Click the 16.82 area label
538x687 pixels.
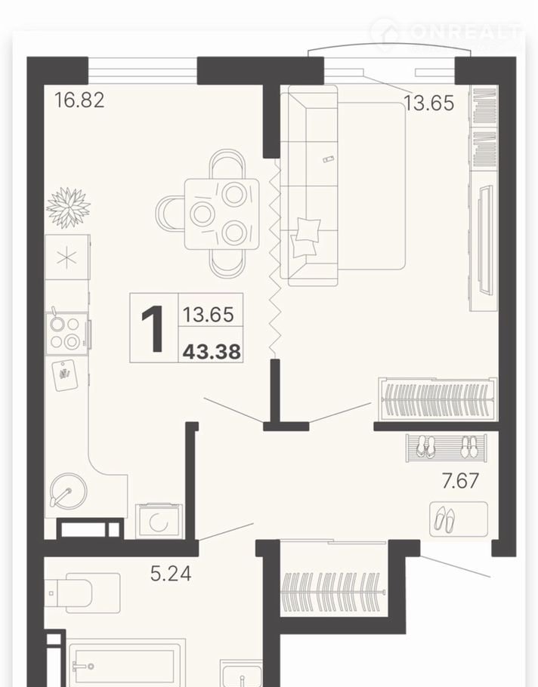coord(79,100)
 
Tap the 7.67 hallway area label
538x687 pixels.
coord(460,481)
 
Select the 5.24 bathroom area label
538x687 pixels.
coord(171,574)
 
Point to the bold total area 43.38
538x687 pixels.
coord(212,351)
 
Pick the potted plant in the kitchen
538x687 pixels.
coord(68,208)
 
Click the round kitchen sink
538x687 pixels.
coord(69,490)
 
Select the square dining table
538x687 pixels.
coord(221,214)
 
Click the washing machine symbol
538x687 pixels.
coord(159,521)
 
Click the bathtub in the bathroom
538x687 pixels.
coord(126,663)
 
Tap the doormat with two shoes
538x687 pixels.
coord(459,519)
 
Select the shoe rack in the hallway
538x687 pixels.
coord(447,448)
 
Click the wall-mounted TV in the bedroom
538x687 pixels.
coord(485,239)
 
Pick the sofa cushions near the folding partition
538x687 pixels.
coord(305,238)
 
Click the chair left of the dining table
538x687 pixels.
coord(170,214)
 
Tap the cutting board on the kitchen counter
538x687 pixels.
coord(65,375)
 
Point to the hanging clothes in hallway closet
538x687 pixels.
coord(333,591)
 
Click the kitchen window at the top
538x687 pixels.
coord(143,70)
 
